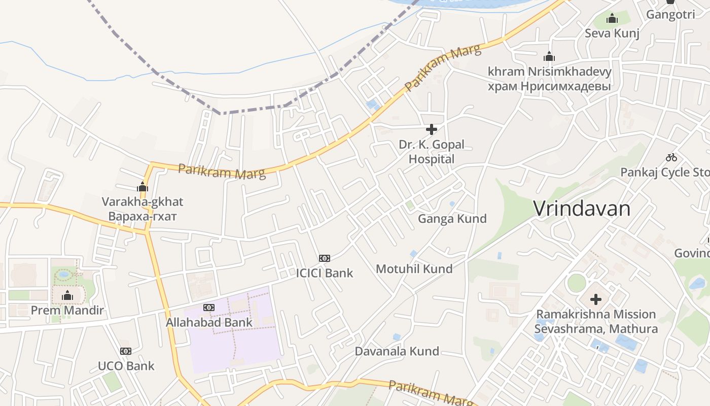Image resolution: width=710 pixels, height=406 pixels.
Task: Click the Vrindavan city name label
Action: tap(582, 209)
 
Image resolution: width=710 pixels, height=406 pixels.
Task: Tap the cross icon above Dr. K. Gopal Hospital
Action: tap(432, 129)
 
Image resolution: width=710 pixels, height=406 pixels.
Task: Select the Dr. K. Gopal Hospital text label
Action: tap(431, 152)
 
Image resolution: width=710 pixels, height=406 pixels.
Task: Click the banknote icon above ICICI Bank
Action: tap(325, 258)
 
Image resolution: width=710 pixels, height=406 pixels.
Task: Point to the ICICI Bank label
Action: tap(325, 273)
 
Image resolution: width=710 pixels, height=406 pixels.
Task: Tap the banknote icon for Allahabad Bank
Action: tap(209, 308)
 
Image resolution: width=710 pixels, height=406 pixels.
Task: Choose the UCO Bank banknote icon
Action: tap(126, 351)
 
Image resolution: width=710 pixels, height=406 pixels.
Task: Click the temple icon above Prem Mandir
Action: tap(67, 296)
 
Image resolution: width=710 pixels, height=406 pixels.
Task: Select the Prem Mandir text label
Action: tap(67, 310)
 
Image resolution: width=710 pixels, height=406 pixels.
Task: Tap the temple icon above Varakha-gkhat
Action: tap(143, 187)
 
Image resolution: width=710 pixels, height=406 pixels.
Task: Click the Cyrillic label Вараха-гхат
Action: tap(143, 217)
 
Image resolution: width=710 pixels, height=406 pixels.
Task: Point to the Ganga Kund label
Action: tap(452, 219)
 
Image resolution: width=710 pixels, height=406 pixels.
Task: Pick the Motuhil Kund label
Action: tap(414, 269)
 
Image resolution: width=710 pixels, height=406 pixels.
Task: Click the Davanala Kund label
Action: tap(397, 351)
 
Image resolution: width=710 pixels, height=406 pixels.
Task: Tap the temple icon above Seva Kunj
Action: tap(612, 19)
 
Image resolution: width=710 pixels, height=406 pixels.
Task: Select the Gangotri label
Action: tap(670, 15)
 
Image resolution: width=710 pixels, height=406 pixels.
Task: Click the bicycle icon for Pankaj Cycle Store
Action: tap(671, 157)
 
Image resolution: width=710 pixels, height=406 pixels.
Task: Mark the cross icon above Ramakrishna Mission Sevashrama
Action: tap(596, 299)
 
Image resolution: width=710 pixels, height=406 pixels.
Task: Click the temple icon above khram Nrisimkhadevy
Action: tap(549, 56)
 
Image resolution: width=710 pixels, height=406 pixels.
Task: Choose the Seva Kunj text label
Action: tap(612, 33)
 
